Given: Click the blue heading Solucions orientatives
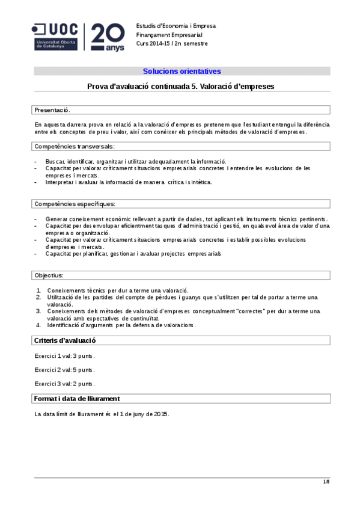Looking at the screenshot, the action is pyautogui.click(x=182, y=71).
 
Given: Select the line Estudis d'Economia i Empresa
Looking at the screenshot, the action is pyautogui.click(x=175, y=26).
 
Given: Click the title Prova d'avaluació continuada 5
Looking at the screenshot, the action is pyautogui.click(x=181, y=87).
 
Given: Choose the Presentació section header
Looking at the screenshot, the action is pyautogui.click(x=52, y=110).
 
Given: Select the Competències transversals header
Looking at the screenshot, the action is pyautogui.click(x=74, y=146).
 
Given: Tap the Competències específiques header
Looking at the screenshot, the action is pyautogui.click(x=74, y=204).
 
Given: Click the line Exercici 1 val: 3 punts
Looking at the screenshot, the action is pyautogui.click(x=64, y=356).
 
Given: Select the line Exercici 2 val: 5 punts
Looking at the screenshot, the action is pyautogui.click(x=64, y=370).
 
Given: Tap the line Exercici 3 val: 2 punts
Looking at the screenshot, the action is pyautogui.click(x=64, y=384).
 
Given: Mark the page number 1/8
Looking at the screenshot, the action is pyautogui.click(x=326, y=482).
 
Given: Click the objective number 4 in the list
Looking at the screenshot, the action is pyautogui.click(x=38, y=325).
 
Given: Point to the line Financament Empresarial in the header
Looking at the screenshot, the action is pyautogui.click(x=169, y=35).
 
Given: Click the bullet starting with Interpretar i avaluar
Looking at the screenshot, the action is pyautogui.click(x=129, y=182).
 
